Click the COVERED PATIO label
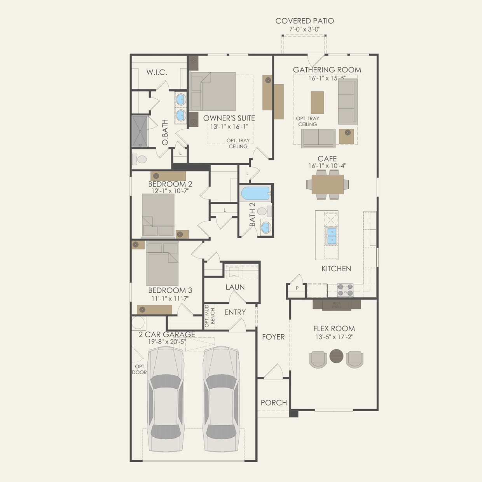pos(304,21)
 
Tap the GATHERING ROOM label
pos(327,70)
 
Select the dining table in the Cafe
pos(328,184)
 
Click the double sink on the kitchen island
pos(332,236)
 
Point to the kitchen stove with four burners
pos(345,290)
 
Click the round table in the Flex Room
pos(337,356)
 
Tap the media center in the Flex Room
pos(337,304)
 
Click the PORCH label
pos(274,403)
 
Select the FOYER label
pos(273,337)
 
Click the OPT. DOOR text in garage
pos(140,369)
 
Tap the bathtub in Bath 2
pos(255,194)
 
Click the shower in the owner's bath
pos(140,131)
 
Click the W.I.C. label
pos(157,72)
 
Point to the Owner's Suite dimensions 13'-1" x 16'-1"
pos(229,127)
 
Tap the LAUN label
pos(235,287)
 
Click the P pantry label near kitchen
pos(297,288)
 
